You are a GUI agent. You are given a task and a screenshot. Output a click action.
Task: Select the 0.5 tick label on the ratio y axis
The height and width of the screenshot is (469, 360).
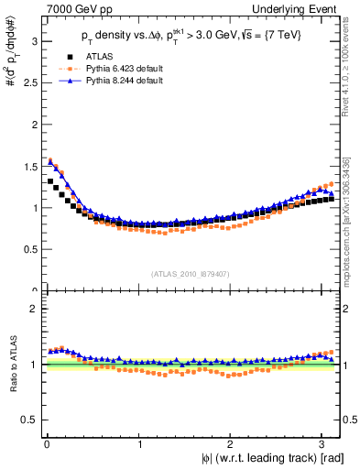(x=27, y=420)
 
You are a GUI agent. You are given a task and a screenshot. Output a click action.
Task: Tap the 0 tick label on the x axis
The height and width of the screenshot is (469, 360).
(x=47, y=444)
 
